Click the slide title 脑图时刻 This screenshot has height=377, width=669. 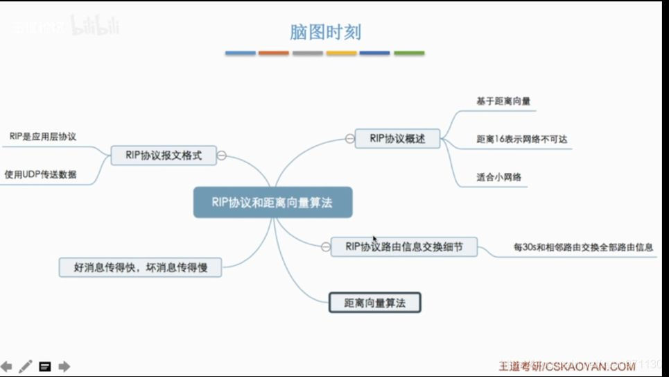click(x=324, y=32)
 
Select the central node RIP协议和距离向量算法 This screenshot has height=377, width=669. click(x=272, y=202)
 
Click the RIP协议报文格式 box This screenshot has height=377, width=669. click(x=164, y=156)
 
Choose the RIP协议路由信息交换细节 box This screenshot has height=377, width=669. click(x=403, y=246)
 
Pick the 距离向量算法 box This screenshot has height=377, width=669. click(x=374, y=303)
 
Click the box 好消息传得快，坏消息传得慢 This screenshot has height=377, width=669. click(x=141, y=267)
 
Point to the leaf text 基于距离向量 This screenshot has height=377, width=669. click(x=503, y=101)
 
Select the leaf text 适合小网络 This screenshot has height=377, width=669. click(x=498, y=178)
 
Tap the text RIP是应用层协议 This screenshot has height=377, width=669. click(x=43, y=137)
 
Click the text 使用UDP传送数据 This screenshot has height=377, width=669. click(x=40, y=174)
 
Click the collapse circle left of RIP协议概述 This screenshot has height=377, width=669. click(x=350, y=139)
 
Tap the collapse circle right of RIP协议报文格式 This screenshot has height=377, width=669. click(x=222, y=156)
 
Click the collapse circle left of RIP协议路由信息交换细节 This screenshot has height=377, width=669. click(x=325, y=246)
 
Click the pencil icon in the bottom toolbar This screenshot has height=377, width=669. click(x=26, y=366)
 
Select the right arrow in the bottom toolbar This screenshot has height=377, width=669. click(x=64, y=366)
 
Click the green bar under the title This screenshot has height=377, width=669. click(x=409, y=53)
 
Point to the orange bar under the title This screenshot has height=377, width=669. click(x=274, y=53)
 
